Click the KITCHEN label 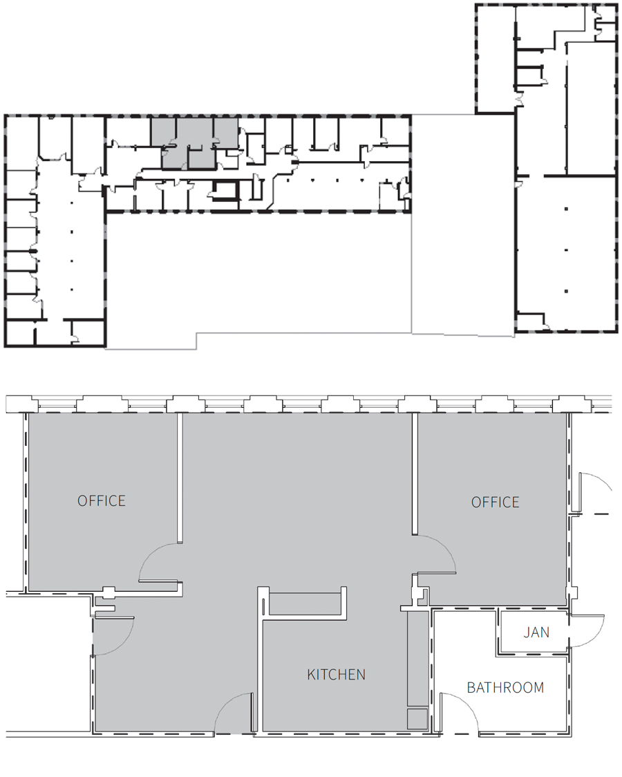[337, 675]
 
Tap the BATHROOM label [505, 687]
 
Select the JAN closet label [536, 633]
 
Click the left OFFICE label [102, 500]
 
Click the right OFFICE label [496, 502]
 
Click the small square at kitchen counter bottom [417, 719]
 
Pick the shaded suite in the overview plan [194, 142]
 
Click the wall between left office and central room [180, 478]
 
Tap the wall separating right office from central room [415, 474]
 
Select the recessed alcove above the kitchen [305, 603]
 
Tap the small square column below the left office [108, 590]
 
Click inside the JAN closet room [534, 633]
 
